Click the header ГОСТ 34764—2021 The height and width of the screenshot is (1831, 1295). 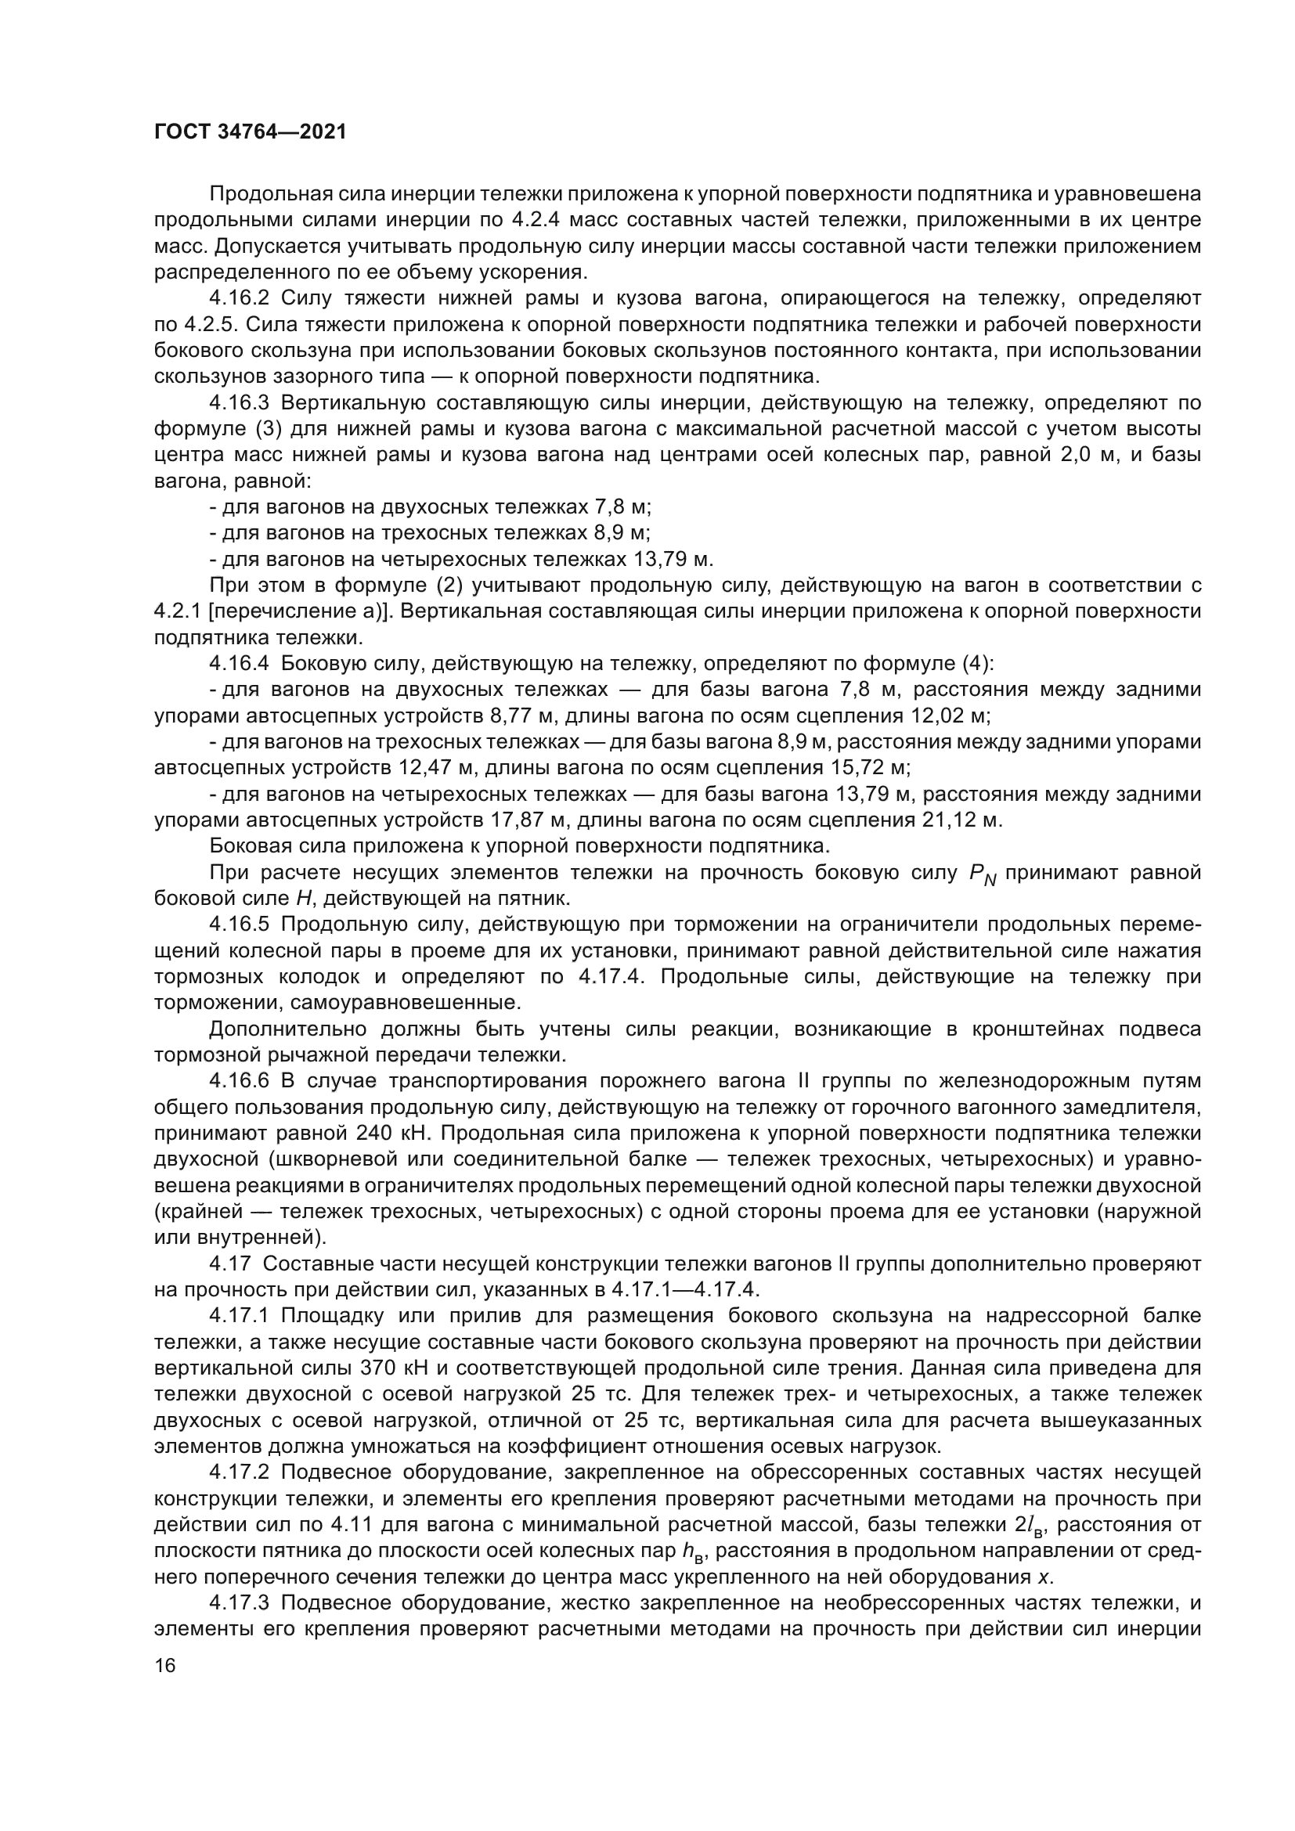click(x=251, y=132)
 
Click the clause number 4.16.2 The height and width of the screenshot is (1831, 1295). click(x=240, y=298)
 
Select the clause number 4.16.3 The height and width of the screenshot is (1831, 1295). click(x=240, y=402)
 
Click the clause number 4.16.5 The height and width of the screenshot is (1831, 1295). click(x=240, y=925)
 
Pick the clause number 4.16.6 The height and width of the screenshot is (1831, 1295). click(x=240, y=1080)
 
